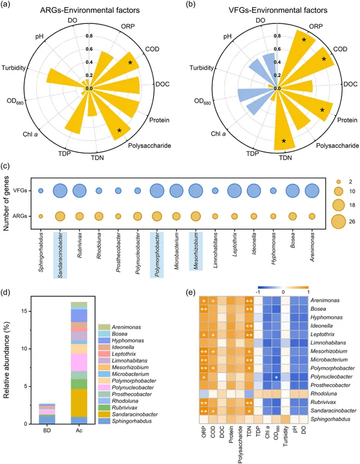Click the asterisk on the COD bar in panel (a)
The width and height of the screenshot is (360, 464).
130,63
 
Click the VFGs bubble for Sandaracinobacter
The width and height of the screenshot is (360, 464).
60,191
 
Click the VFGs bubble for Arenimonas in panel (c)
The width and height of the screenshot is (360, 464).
312,191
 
